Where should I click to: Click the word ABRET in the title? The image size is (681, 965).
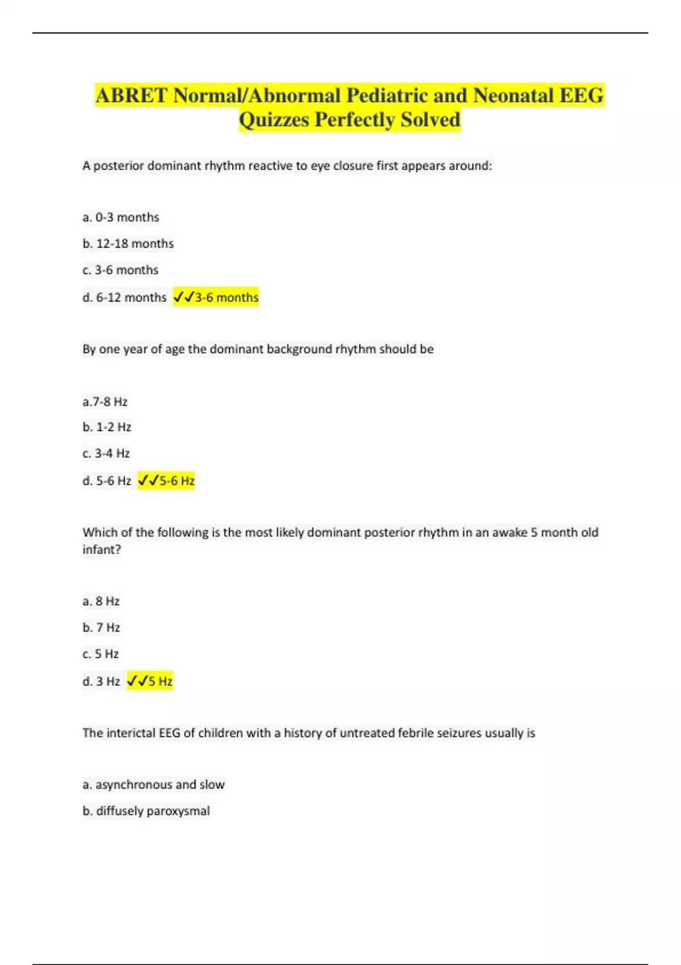click(132, 95)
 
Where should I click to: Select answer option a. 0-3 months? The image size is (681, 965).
click(121, 217)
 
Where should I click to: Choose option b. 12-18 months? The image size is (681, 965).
click(128, 244)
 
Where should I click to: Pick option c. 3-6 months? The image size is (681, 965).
click(120, 270)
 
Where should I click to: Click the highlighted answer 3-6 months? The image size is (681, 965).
click(216, 297)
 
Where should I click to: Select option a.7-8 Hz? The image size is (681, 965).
click(105, 402)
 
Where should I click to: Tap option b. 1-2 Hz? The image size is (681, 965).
click(107, 427)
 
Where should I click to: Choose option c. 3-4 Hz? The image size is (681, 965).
click(106, 454)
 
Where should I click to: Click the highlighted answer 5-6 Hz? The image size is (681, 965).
click(167, 481)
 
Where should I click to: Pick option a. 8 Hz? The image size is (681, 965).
click(101, 601)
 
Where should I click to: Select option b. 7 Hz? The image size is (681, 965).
click(101, 628)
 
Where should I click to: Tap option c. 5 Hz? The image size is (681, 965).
click(100, 654)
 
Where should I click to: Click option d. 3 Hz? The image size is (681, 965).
click(101, 681)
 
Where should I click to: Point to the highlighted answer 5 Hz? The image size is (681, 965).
click(150, 681)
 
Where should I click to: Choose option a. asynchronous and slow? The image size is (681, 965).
click(154, 784)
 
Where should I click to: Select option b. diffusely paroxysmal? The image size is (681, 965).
click(146, 811)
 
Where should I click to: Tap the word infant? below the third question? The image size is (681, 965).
click(102, 549)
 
